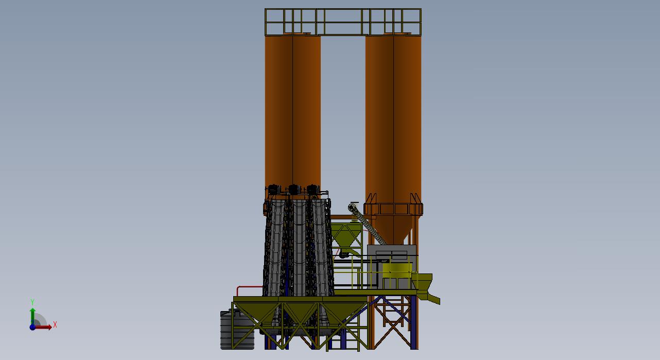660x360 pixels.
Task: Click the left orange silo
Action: point(292,112)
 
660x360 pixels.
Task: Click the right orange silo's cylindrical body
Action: point(393,118)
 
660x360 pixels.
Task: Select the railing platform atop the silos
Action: point(343,22)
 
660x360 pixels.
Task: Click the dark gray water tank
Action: point(237,330)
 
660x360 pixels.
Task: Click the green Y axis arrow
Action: point(32,317)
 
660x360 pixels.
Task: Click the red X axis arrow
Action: point(43,327)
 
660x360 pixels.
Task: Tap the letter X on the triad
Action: point(55,325)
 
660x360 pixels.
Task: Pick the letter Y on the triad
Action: point(32,302)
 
